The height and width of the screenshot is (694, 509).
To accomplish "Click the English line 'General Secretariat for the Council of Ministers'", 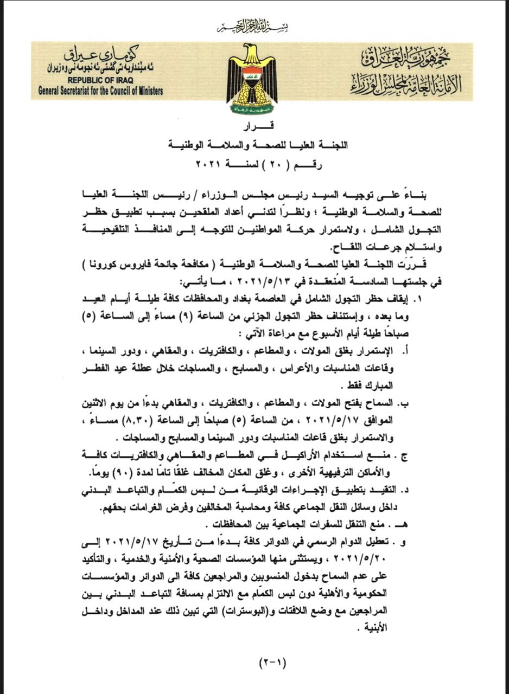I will coord(101,91).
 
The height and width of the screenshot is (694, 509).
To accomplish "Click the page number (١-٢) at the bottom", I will coord(272,662).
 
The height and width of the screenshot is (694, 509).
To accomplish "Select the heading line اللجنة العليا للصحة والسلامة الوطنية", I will coord(260,145).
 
